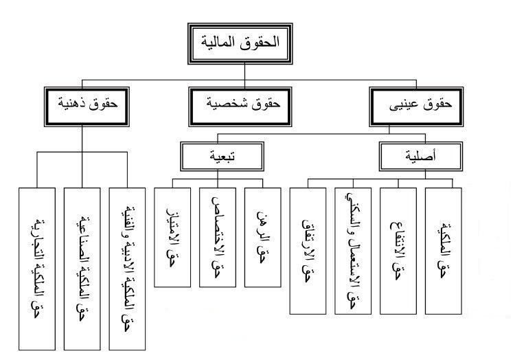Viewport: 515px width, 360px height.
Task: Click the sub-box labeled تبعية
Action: coord(218,156)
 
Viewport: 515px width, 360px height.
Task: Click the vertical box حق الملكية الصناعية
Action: coord(82,267)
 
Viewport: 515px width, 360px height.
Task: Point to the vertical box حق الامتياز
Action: coord(171,237)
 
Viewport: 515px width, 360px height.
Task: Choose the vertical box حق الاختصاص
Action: coord(218,237)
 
